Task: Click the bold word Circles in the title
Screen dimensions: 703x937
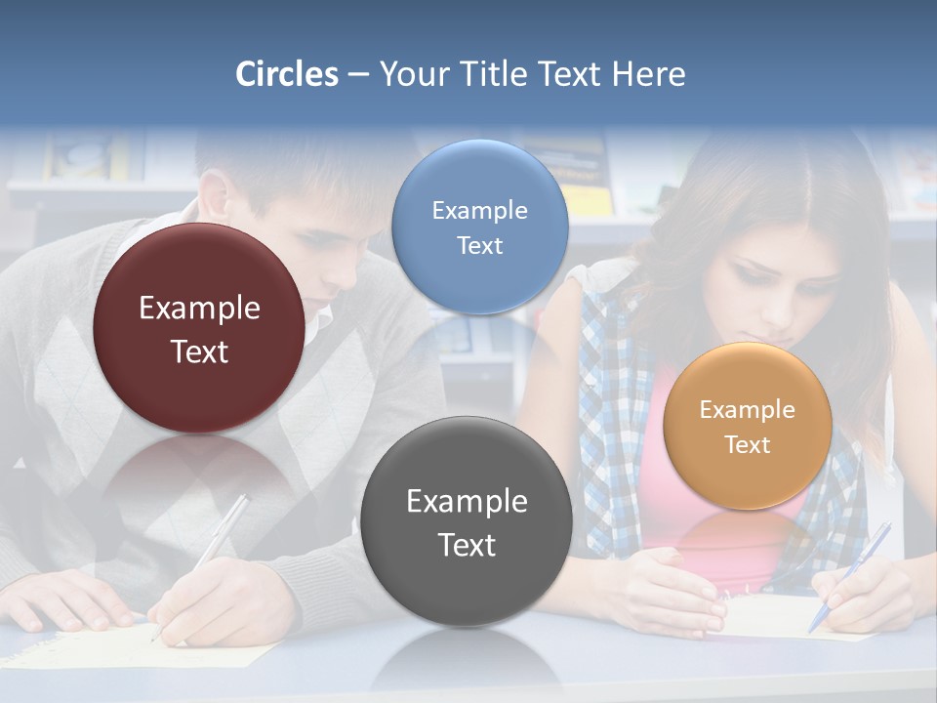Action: pos(287,74)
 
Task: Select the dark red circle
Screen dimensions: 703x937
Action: pos(198,328)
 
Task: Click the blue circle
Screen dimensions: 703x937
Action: pos(479,227)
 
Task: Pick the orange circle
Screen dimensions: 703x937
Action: pos(747,426)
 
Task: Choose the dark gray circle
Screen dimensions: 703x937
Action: pos(466,521)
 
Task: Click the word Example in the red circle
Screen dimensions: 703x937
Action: pos(199,309)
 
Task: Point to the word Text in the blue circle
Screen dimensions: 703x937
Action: pos(479,245)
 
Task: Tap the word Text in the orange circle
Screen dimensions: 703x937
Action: pos(748,445)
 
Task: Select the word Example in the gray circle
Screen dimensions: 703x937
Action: pos(467,502)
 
